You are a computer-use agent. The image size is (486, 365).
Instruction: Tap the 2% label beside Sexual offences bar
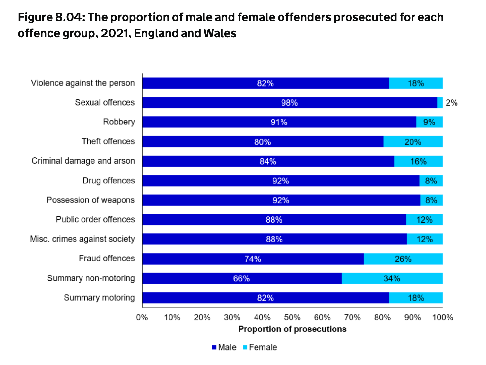[x=451, y=103]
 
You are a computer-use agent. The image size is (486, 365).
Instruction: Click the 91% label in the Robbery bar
[x=279, y=122]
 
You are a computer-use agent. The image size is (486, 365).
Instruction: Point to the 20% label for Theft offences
[x=412, y=142]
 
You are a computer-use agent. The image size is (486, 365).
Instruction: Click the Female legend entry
[x=260, y=347]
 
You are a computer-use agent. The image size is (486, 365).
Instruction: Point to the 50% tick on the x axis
[x=292, y=318]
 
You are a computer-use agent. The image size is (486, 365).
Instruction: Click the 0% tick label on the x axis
[x=142, y=318]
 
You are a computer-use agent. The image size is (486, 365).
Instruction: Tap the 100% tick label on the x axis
[x=443, y=318]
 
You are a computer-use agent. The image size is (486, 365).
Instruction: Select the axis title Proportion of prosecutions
[x=292, y=329]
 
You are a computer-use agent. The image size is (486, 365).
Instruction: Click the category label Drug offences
[x=108, y=181]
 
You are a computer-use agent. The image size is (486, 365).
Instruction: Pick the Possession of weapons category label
[x=91, y=200]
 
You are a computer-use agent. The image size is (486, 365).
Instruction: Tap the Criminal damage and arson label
[x=83, y=161]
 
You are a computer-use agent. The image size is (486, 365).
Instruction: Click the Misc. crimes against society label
[x=82, y=239]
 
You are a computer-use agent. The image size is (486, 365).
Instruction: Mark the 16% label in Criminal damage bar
[x=418, y=161]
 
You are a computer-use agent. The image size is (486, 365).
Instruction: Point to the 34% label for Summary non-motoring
[x=392, y=278]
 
